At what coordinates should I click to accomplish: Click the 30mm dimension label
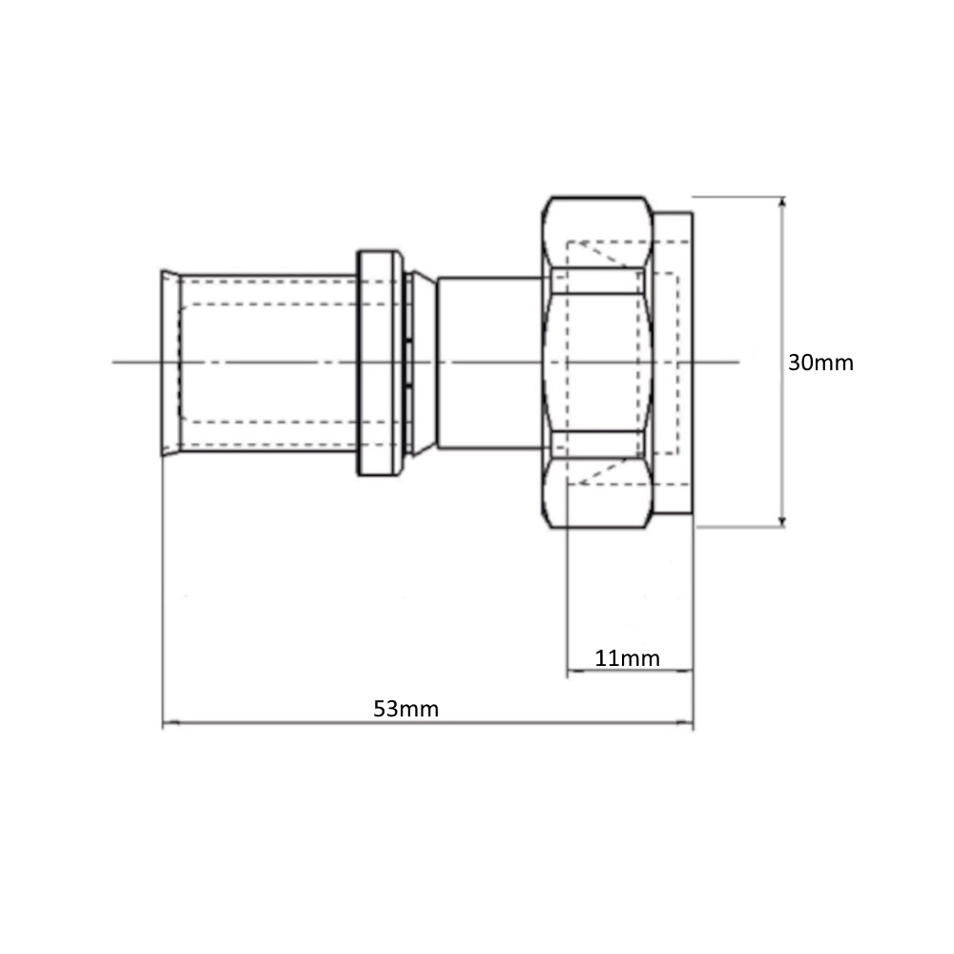pos(820,363)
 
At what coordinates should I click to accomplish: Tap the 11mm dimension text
pos(627,658)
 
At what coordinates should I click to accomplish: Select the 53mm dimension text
pos(405,709)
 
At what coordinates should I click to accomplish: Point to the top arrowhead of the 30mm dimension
pos(782,202)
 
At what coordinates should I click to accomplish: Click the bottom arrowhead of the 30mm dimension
pos(782,521)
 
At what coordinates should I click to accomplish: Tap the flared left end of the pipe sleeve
pos(171,363)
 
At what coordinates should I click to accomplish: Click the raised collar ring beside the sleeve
pos(380,363)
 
